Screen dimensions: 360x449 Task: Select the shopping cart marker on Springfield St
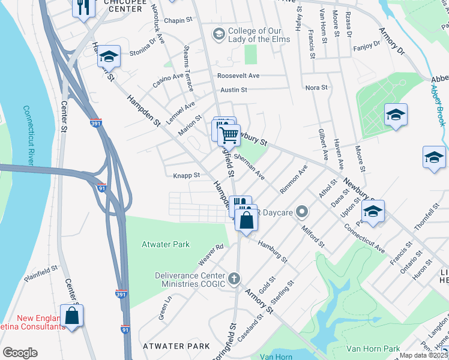point(229,135)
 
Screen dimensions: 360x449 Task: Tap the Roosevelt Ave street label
point(238,76)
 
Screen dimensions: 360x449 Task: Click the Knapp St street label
point(186,176)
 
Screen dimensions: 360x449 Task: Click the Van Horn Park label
point(373,349)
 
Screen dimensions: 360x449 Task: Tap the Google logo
point(20,353)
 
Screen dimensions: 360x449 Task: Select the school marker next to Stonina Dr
point(109,56)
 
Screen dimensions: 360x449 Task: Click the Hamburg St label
point(273,251)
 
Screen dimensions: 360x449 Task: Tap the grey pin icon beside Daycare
point(302,212)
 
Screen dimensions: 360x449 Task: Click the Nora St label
point(316,88)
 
